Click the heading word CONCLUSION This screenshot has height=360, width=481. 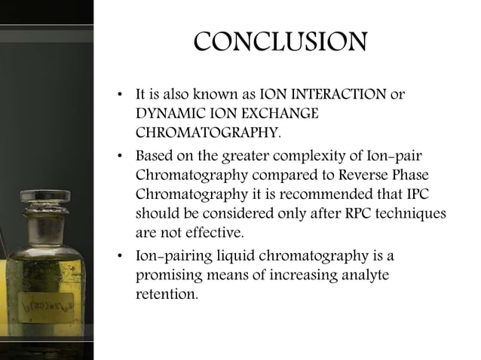280,42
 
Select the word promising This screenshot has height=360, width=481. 167,275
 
